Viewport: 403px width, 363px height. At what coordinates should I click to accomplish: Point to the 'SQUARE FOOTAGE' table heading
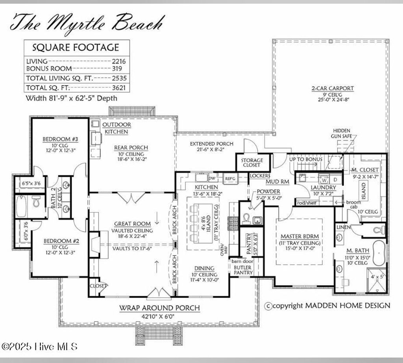76,48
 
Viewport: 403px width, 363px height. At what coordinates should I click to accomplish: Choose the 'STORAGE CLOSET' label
252,162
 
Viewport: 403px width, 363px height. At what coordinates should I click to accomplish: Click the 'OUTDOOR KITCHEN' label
116,128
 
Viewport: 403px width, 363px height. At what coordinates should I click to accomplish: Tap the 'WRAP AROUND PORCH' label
159,308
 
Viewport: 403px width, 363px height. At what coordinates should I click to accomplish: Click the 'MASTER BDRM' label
299,236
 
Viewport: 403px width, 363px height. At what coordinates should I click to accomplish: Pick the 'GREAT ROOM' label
131,224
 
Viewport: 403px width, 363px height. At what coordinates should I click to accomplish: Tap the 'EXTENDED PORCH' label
211,144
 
